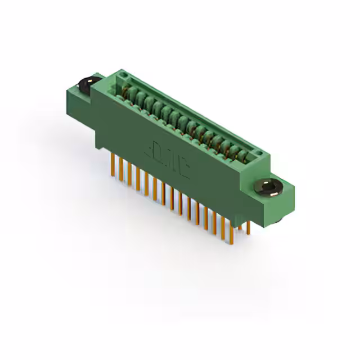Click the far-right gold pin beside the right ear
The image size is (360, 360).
249,228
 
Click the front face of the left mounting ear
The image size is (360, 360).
79,104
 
